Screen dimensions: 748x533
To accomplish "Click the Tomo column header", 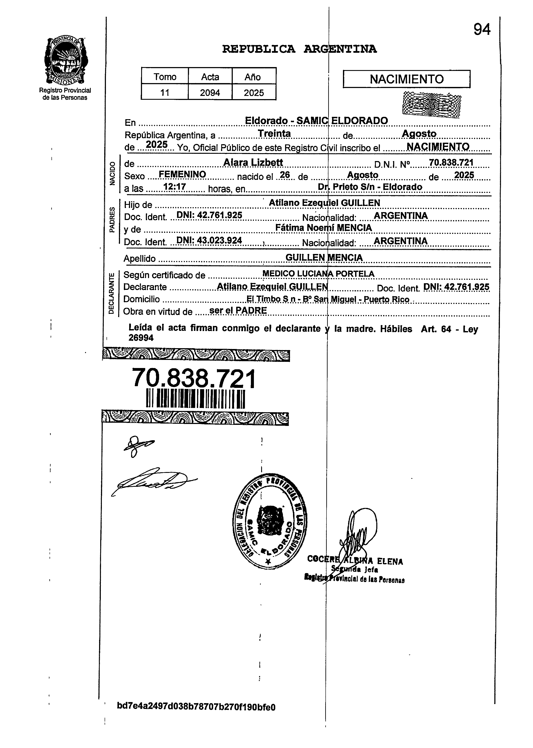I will [165, 77].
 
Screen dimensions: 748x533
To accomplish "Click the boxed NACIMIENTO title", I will [406, 79].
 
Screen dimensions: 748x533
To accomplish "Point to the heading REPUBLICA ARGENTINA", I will [299, 49].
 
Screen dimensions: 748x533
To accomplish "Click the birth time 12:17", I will [175, 187].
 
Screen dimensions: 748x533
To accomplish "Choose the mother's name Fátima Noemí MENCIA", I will [323, 227].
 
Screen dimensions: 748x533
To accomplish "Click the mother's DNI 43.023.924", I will [209, 241].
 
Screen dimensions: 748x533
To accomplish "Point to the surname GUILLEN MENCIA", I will [324, 258].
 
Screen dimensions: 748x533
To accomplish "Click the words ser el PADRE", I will [238, 311].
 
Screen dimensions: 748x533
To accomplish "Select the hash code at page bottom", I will [196, 707].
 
